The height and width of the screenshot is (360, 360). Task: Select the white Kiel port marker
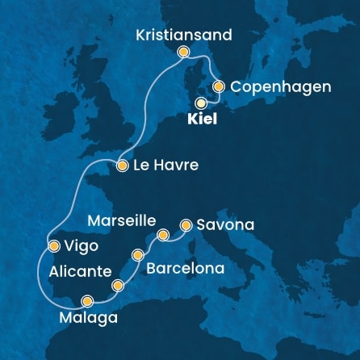point(201,103)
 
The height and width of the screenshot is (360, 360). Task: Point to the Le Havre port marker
point(122,166)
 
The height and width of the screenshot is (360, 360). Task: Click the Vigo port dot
point(53,245)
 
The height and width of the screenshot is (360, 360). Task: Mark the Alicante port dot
point(119,285)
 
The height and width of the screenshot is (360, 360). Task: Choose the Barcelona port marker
point(138,255)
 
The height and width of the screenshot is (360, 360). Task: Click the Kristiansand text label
point(184,35)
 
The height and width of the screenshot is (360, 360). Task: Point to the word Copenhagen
point(280,86)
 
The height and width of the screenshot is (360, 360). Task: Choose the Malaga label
point(90,318)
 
